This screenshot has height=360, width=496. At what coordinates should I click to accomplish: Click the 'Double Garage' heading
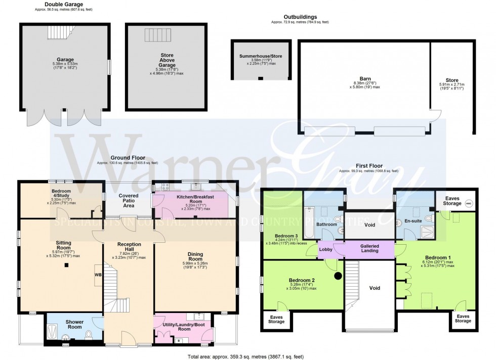[63, 4]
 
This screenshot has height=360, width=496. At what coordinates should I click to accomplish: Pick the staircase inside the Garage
[58, 33]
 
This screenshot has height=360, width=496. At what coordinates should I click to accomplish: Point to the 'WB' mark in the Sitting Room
[97, 275]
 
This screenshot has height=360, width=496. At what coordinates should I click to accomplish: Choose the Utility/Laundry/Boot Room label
[184, 326]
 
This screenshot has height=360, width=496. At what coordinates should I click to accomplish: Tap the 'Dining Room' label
[195, 256]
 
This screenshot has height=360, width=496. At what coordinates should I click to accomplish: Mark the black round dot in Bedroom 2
[337, 276]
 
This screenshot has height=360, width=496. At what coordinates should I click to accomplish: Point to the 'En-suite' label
[413, 221]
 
